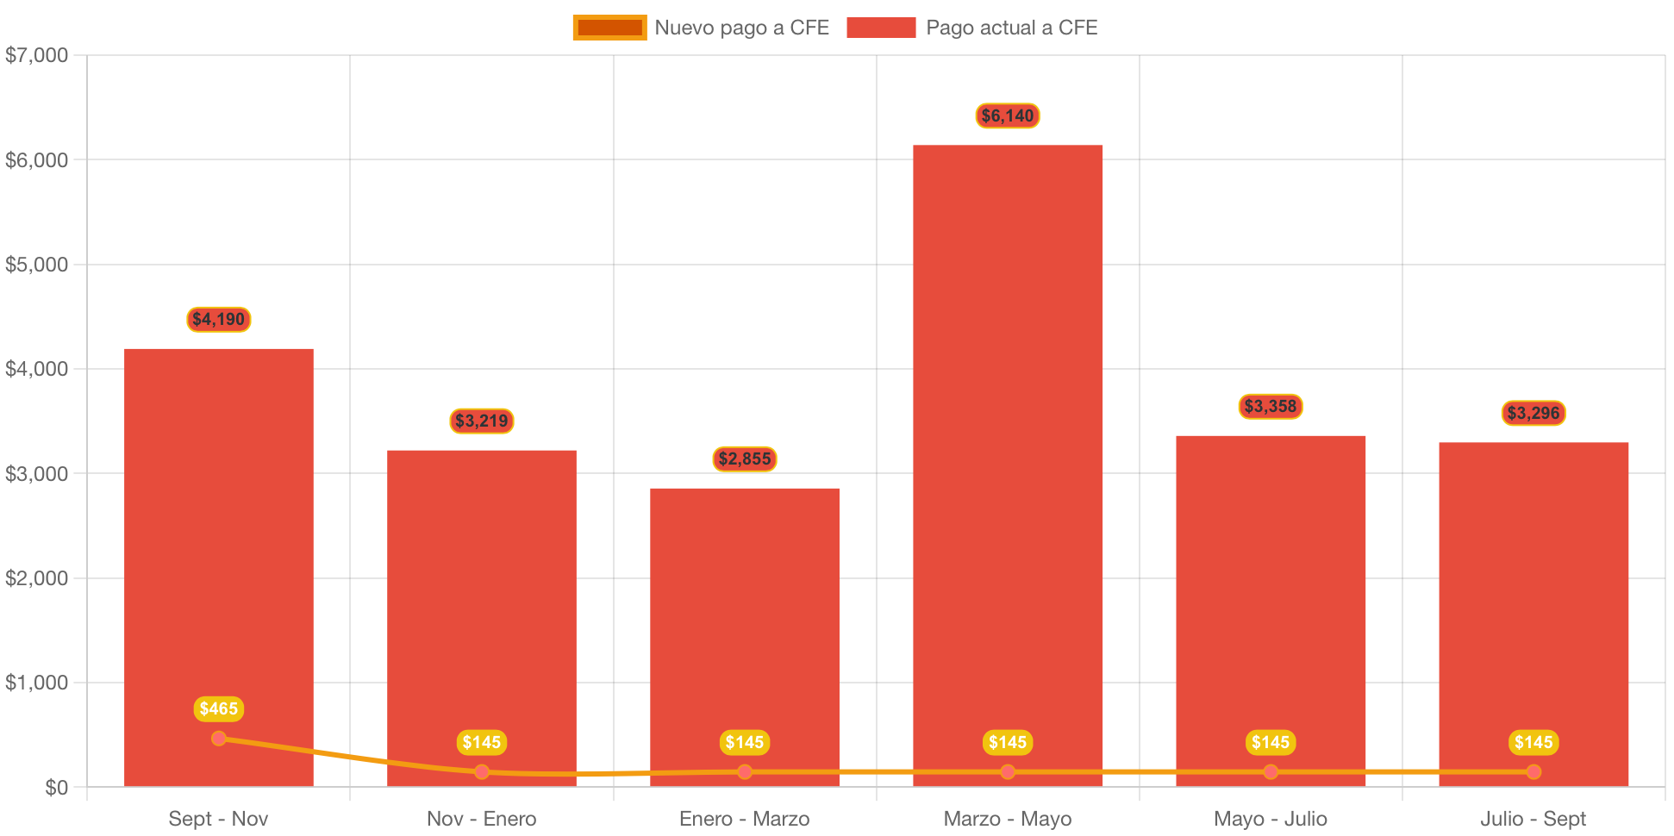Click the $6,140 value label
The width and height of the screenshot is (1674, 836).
1007,115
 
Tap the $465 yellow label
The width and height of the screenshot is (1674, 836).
219,708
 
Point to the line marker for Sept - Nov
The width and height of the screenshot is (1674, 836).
219,738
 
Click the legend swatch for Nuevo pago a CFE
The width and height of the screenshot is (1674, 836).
609,28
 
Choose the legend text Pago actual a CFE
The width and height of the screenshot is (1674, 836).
1011,28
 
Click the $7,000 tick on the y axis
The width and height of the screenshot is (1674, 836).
36,55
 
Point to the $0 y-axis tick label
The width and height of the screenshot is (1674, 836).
56,788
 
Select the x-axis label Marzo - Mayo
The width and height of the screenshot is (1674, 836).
1007,819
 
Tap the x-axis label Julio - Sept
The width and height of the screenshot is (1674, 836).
1533,819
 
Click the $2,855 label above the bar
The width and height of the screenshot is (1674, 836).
745,459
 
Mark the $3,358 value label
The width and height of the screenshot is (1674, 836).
1270,406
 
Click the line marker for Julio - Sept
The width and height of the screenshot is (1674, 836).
1533,771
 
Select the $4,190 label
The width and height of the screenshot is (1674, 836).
219,319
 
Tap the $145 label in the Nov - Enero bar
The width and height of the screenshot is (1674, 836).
481,742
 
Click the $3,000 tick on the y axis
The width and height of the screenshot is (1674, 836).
36,474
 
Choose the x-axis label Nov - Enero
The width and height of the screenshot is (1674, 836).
481,819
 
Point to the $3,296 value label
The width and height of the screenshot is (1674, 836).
1533,413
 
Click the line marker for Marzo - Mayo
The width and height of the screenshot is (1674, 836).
1007,771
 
